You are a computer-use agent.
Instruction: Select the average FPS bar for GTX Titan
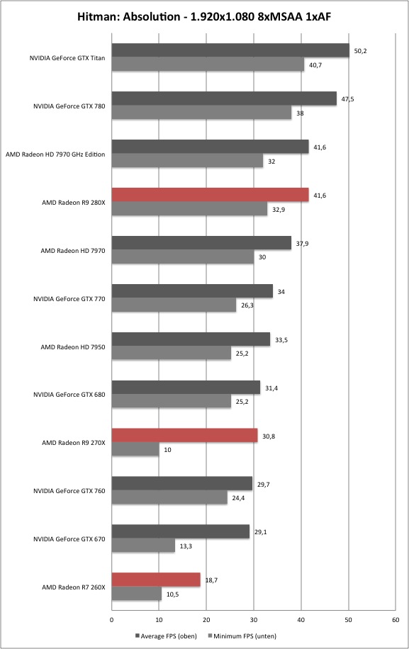pyautogui.click(x=230, y=50)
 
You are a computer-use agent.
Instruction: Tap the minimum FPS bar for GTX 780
pyautogui.click(x=201, y=113)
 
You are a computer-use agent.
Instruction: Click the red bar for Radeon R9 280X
pyautogui.click(x=211, y=195)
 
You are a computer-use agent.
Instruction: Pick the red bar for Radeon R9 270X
pyautogui.click(x=184, y=436)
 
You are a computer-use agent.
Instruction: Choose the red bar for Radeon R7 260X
pyautogui.click(x=156, y=580)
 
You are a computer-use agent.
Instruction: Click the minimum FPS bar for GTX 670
pyautogui.click(x=143, y=546)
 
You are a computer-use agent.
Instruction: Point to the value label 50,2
pyautogui.click(x=361, y=51)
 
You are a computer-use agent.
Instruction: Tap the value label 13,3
pyautogui.click(x=186, y=546)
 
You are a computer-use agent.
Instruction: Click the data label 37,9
pyautogui.click(x=302, y=244)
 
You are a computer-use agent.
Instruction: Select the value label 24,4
pyautogui.click(x=238, y=498)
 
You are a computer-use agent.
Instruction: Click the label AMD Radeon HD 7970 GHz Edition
pyautogui.click(x=55, y=154)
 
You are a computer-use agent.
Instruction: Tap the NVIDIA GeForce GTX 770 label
pyautogui.click(x=69, y=299)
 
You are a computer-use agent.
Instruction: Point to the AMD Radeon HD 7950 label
pyautogui.click(x=73, y=347)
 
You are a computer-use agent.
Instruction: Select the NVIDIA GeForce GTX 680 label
pyautogui.click(x=69, y=395)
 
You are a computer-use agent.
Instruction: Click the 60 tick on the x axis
pyautogui.click(x=396, y=620)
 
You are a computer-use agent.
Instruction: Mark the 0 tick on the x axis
pyautogui.click(x=112, y=620)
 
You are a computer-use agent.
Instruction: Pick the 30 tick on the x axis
pyautogui.click(x=254, y=620)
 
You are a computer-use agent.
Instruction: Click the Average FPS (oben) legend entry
pyautogui.click(x=166, y=636)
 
